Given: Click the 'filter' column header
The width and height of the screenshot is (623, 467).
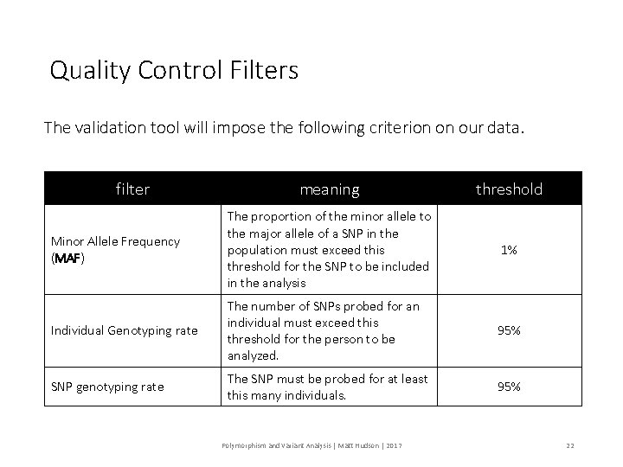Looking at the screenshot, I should click(132, 189).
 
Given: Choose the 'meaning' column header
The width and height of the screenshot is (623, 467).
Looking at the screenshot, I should click(330, 189).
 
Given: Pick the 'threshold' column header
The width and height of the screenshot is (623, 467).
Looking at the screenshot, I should click(509, 189).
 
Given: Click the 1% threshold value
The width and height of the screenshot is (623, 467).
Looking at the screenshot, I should click(509, 249).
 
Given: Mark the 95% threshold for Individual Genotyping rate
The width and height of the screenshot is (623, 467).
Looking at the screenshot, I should click(509, 331).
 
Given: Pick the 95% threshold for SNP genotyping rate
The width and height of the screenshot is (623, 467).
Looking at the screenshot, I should click(509, 387).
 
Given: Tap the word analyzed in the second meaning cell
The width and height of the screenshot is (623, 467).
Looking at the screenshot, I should click(253, 355).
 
